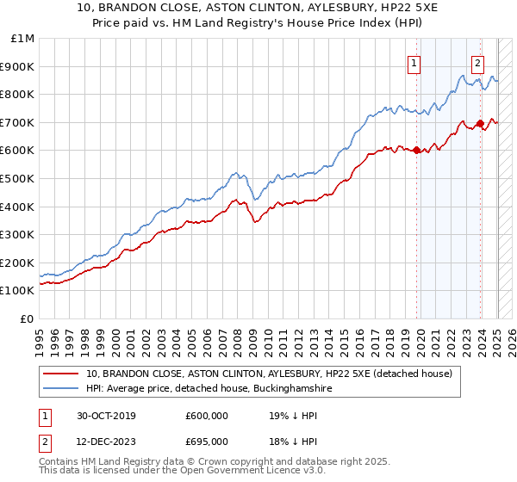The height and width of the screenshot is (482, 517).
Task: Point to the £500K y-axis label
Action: coord(18,178)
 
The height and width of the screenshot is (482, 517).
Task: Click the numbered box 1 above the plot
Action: coord(414,62)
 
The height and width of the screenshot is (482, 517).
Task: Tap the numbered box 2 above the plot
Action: coord(477,62)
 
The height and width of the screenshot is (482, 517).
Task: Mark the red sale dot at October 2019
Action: coord(416,151)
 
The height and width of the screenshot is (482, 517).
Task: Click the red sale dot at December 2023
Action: coord(479,124)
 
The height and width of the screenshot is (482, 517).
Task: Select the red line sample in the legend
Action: coord(62,374)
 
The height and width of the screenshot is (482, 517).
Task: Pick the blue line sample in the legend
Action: coord(62,389)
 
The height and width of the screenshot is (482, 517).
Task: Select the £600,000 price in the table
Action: coord(206,416)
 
